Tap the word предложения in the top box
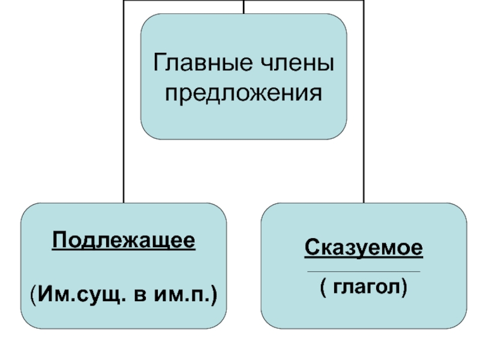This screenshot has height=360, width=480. click(244, 94)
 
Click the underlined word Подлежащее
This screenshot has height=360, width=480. click(124, 242)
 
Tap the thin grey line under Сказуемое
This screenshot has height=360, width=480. click(364, 272)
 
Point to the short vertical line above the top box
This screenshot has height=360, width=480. click(244, 6)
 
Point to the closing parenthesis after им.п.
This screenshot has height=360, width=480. click(214, 294)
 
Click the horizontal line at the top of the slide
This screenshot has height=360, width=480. click(180, 1)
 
